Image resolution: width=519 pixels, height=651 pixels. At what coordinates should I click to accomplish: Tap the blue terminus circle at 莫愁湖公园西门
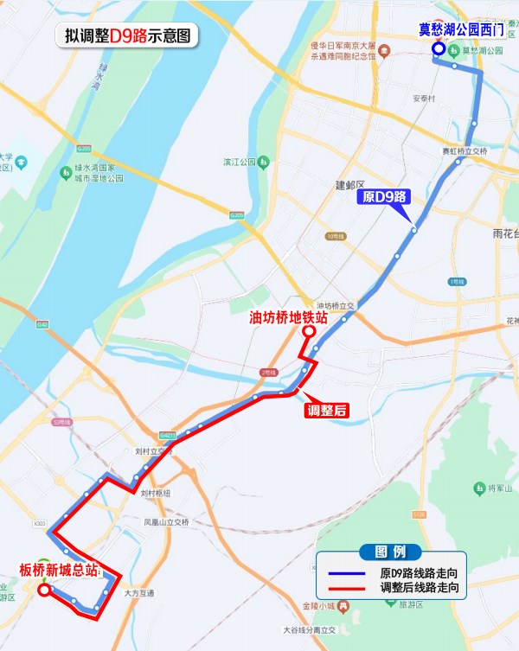coord(439,49)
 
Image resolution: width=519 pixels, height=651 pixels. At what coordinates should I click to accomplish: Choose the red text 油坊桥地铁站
coord(288,317)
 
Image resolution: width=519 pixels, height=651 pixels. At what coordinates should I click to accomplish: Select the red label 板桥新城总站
coord(58,570)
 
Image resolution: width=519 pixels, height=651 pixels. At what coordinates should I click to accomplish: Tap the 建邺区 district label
coord(350,185)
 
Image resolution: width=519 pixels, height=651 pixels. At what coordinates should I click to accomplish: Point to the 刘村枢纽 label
coord(156,493)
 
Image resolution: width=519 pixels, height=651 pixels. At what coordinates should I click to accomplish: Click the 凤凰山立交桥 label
coord(166,522)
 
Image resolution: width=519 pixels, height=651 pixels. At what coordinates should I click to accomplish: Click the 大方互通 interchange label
coord(138,593)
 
